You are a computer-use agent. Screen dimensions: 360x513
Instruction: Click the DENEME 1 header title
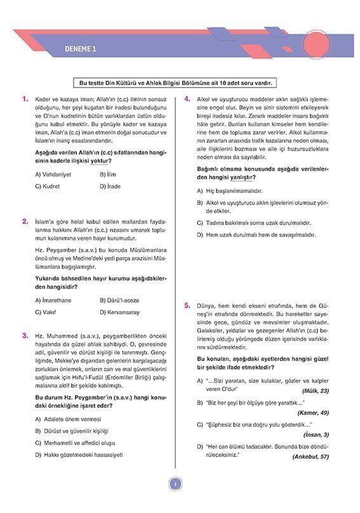pos(81,50)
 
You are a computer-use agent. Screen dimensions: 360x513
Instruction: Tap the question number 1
pos(25,99)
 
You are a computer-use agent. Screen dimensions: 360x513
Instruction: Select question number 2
pos(25,221)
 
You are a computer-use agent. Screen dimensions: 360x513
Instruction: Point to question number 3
pos(25,335)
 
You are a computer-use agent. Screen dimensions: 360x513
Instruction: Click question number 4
pos(187,99)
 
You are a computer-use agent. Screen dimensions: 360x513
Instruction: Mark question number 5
pos(187,305)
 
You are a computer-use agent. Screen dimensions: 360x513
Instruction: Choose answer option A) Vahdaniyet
pos(53,174)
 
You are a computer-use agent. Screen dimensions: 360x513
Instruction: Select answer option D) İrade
pos(110,187)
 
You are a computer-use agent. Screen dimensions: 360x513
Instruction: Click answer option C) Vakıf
pos(48,312)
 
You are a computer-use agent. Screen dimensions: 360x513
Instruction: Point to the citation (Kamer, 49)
pos(314,413)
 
